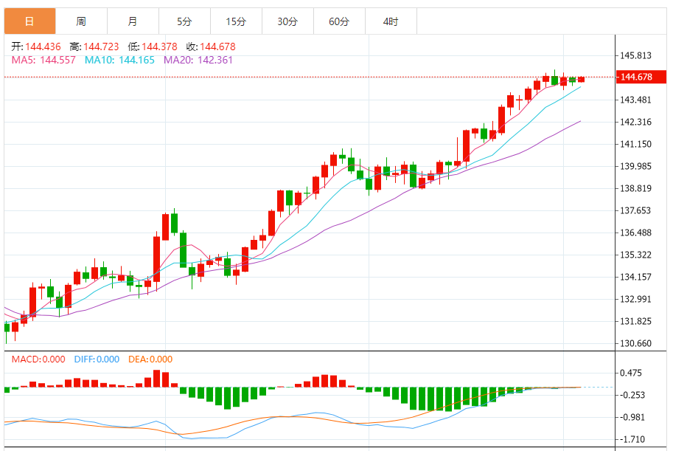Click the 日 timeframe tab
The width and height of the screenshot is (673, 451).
29,21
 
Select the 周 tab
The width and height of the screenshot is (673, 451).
81,21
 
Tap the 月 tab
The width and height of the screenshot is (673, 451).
133,21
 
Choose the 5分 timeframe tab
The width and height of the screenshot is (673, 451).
184,21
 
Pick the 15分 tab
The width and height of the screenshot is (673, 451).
236,21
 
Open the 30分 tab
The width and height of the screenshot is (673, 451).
287,21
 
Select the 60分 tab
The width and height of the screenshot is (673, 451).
339,21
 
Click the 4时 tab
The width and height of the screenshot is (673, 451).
391,21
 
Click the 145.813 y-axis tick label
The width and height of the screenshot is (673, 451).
637,56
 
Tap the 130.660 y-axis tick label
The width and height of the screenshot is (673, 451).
637,344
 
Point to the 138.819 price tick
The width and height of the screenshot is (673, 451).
637,189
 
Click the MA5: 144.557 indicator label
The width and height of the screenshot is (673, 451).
43,60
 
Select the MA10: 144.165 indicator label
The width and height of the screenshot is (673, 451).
119,60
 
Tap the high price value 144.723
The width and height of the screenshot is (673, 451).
102,47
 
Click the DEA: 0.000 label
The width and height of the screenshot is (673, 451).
150,359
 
